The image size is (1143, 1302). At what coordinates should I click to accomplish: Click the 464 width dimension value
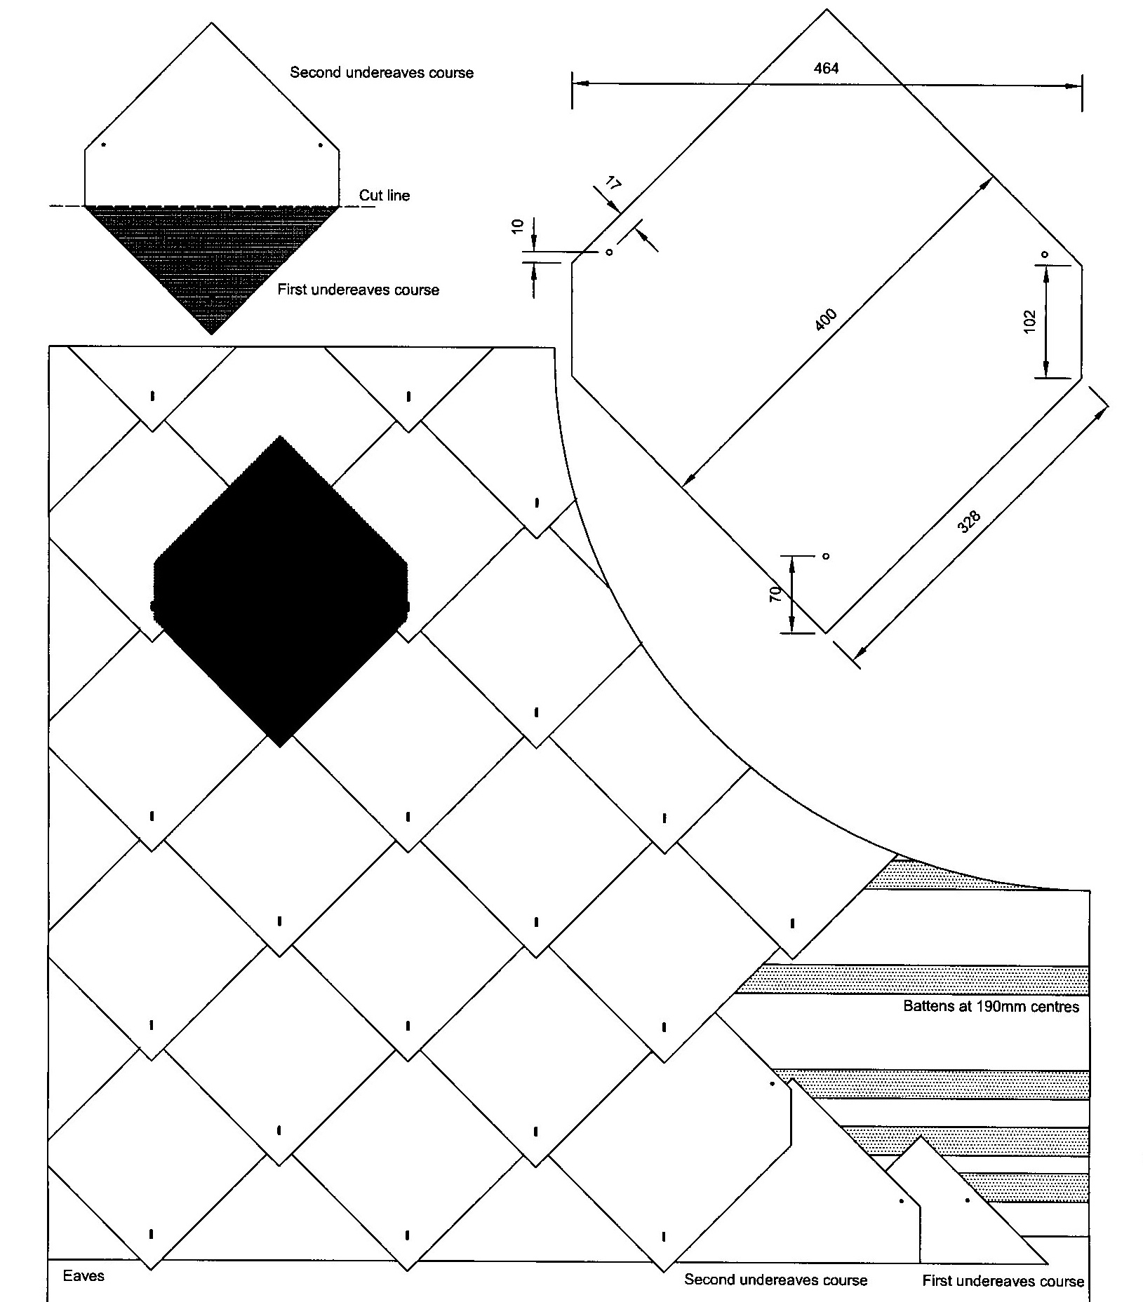(x=826, y=68)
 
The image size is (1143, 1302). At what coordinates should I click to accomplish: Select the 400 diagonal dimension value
(x=827, y=320)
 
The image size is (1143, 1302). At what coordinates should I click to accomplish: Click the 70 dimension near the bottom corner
(x=775, y=595)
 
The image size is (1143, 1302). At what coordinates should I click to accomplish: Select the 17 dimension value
(x=612, y=185)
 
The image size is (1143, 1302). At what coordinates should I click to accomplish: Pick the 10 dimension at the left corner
(x=518, y=226)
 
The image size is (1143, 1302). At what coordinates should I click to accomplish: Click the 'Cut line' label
(x=385, y=196)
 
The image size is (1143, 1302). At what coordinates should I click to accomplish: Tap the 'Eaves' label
(x=83, y=1275)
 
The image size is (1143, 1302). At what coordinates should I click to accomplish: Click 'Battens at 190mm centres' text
(x=991, y=1007)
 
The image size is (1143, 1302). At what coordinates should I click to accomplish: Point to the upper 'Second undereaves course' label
(x=382, y=73)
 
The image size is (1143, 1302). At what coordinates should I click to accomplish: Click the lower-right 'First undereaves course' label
(x=1003, y=1281)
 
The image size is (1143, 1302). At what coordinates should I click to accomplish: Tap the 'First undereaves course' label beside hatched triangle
(x=358, y=290)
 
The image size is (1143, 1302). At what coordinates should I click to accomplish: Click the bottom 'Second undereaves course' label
(x=775, y=1280)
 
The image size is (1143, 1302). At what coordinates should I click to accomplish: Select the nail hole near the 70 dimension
(x=826, y=556)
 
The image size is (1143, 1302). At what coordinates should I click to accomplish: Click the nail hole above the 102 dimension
(x=1045, y=254)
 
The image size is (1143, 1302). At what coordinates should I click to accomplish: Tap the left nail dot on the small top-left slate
(x=104, y=145)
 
